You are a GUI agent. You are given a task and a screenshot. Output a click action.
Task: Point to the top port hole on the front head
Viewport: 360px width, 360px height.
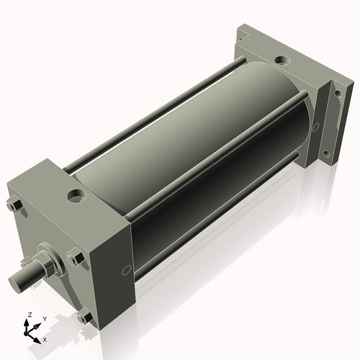point(76,194)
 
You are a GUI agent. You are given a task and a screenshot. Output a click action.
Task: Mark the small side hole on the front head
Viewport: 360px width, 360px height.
point(127,270)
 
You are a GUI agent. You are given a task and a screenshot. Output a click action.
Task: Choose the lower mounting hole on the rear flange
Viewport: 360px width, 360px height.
point(328,153)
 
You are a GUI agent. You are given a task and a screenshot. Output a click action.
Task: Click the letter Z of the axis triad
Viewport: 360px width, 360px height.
point(28,315)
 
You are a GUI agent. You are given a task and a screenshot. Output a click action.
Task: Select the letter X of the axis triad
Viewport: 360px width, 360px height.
point(45,338)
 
